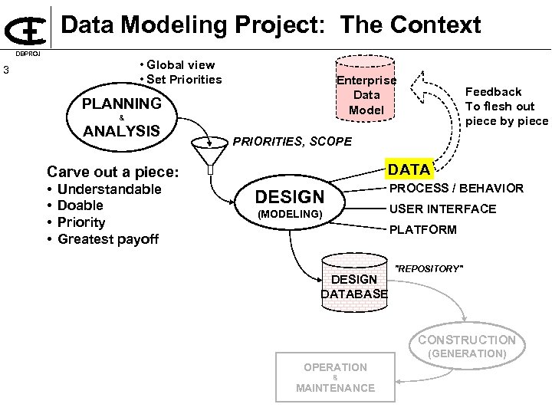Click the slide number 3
(6, 72)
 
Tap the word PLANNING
(123, 103)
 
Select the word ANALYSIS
(121, 131)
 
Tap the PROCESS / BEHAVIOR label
(457, 189)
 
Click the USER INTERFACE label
(443, 209)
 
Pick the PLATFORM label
(422, 229)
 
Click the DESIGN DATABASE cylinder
(354, 284)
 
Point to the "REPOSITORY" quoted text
(429, 269)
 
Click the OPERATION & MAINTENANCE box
(335, 376)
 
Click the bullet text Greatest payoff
(107, 239)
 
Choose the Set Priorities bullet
(181, 79)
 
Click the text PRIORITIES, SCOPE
(292, 142)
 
